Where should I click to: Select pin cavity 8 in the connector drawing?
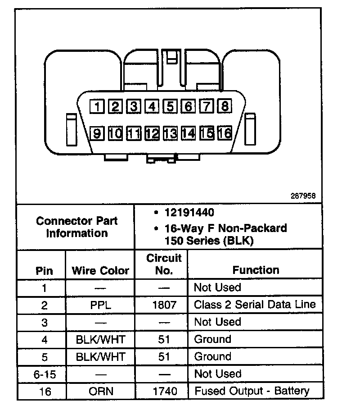coord(225,106)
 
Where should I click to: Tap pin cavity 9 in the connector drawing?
coord(96,133)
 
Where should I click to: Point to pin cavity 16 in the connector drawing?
coord(225,133)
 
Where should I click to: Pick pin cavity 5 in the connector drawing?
coord(170,106)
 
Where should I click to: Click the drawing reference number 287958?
coord(304,196)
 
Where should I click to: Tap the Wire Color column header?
coord(100,271)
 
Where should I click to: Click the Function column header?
coord(256,270)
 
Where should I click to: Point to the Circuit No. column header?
coord(164,264)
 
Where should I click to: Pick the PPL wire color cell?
coord(100,305)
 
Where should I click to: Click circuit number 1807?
coord(164,305)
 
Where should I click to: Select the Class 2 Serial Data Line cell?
coord(255,304)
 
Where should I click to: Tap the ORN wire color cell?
coord(100,391)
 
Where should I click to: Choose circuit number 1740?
coord(164,391)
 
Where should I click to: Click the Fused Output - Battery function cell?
coord(252,391)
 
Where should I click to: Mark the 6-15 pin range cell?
coord(44,374)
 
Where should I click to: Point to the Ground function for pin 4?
coord(212,339)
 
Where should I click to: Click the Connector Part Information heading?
coord(76,227)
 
